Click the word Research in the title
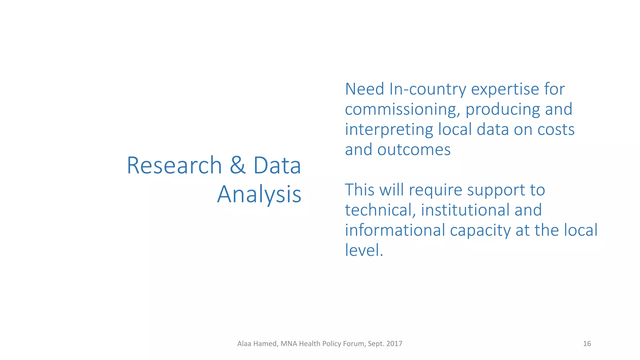point(174,165)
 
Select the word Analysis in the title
point(259,194)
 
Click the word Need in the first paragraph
point(364,89)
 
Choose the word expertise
point(505,90)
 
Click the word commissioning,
point(402,110)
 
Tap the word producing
point(502,110)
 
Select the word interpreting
point(389,130)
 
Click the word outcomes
point(414,150)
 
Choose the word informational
point(395,230)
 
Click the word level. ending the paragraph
point(364,250)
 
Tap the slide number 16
point(587,344)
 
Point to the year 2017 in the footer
point(394,344)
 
